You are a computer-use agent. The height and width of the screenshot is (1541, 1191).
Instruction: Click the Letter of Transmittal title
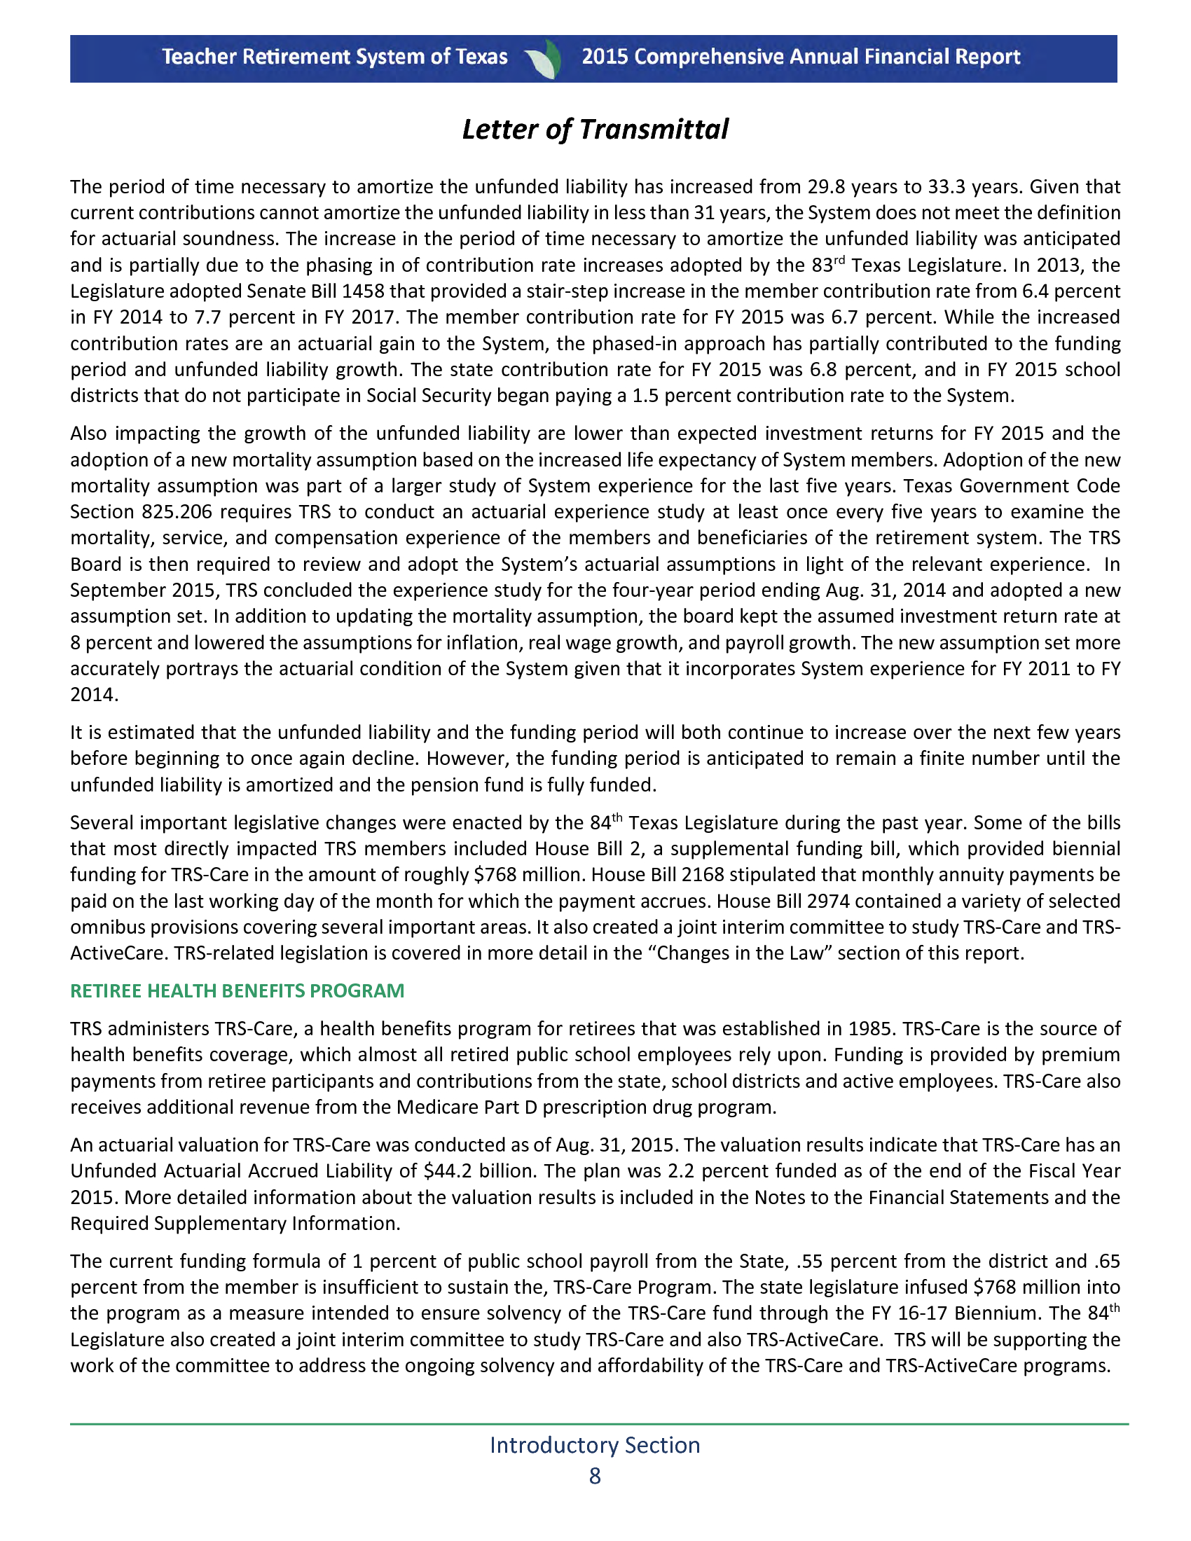[x=595, y=130]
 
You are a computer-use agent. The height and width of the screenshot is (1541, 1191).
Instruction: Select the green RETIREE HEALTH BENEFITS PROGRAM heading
[x=237, y=990]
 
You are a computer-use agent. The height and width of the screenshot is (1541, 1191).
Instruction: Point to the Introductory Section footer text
[x=595, y=1444]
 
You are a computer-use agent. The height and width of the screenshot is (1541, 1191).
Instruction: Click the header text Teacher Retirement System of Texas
[x=334, y=57]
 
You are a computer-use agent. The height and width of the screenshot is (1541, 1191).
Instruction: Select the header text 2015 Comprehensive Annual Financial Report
[x=801, y=57]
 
